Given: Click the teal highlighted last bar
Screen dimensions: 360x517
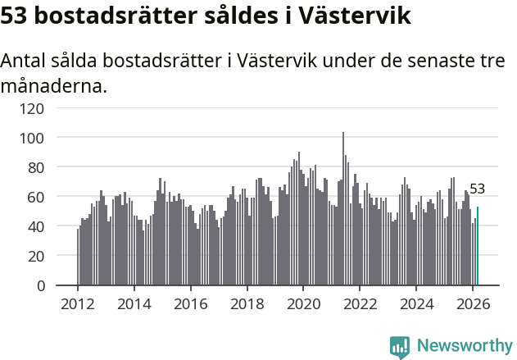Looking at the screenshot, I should [x=478, y=246].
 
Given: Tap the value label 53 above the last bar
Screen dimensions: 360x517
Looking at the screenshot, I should [x=477, y=189].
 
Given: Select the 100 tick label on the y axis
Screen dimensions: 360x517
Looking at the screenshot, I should [x=55, y=137].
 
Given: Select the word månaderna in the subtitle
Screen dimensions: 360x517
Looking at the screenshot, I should [x=54, y=85].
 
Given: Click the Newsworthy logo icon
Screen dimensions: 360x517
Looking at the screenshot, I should [x=400, y=347].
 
